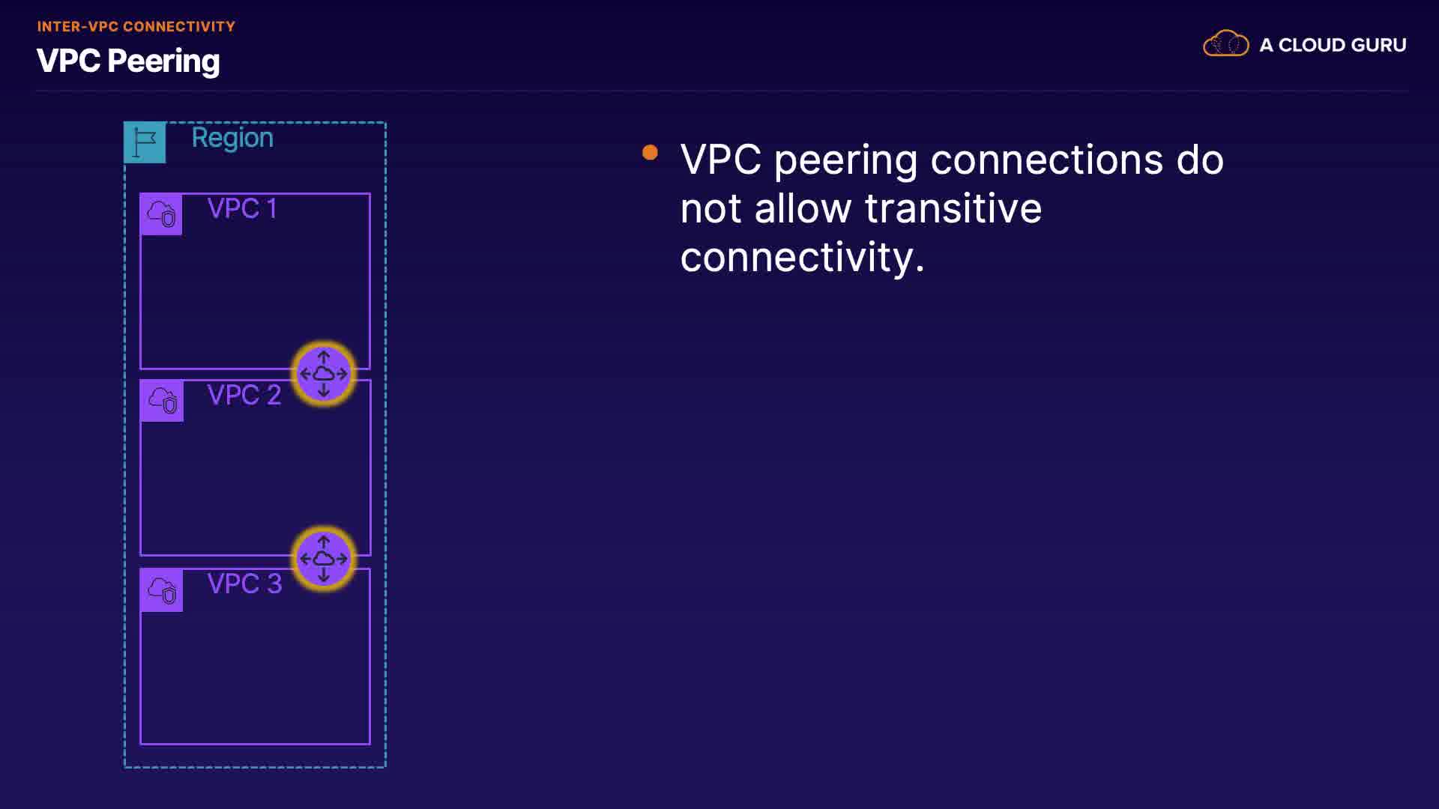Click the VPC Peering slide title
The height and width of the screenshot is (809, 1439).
pos(128,61)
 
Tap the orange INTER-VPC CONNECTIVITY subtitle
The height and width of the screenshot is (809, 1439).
pos(136,27)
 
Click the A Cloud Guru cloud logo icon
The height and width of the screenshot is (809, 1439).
pos(1225,44)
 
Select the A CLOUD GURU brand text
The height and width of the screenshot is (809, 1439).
pos(1333,45)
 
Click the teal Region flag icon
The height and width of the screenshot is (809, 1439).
pos(145,142)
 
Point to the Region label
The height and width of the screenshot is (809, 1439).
pos(232,138)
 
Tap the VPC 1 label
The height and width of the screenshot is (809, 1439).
pos(242,208)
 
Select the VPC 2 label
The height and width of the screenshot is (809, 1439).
pos(244,395)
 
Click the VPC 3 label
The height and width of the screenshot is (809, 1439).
pos(244,584)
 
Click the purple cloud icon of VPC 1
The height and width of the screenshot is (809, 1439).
pos(161,214)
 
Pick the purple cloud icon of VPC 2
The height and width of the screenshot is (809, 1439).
pos(162,401)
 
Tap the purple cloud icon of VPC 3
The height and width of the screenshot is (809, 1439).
pos(162,590)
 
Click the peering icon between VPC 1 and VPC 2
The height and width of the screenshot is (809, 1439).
pos(324,373)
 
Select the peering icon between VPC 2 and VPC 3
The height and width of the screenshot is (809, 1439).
pos(324,559)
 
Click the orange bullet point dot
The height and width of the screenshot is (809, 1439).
pos(650,153)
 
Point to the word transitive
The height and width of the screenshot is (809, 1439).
pos(953,208)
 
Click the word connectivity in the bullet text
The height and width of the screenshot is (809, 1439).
pos(801,257)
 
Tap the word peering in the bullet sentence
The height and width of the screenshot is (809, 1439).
pos(845,160)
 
